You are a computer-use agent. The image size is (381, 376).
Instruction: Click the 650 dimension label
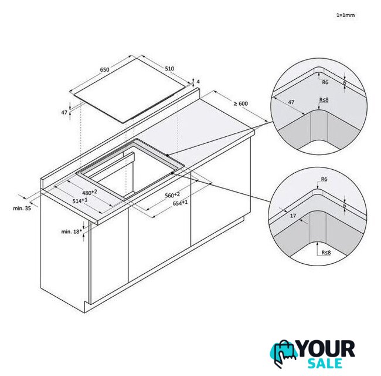click(105, 70)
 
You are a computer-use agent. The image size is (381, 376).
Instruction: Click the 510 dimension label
click(169, 69)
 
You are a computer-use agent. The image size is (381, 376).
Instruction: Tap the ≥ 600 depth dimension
click(241, 103)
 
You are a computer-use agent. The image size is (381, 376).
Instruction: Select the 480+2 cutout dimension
click(90, 192)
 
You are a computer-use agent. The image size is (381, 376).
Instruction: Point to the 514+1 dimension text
click(80, 201)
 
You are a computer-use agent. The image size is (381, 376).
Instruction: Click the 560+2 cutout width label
click(172, 195)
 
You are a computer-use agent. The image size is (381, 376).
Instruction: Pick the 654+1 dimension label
click(181, 203)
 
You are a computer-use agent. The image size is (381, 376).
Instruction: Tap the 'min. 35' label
click(22, 208)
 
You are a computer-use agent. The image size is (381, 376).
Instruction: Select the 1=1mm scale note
click(345, 15)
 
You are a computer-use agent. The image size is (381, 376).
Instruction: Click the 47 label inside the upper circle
click(291, 102)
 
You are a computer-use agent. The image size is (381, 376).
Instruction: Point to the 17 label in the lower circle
click(293, 216)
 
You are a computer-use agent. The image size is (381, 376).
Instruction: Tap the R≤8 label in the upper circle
click(324, 100)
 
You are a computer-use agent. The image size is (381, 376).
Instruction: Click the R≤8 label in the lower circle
click(326, 253)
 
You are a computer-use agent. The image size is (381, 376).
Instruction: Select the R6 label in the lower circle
click(324, 179)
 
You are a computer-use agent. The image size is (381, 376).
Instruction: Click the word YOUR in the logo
click(326, 349)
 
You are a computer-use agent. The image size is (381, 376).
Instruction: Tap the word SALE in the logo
click(325, 363)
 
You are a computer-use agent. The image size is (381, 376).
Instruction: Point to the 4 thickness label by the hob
click(198, 82)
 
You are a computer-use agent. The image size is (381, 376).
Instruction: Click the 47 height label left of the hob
click(64, 112)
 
